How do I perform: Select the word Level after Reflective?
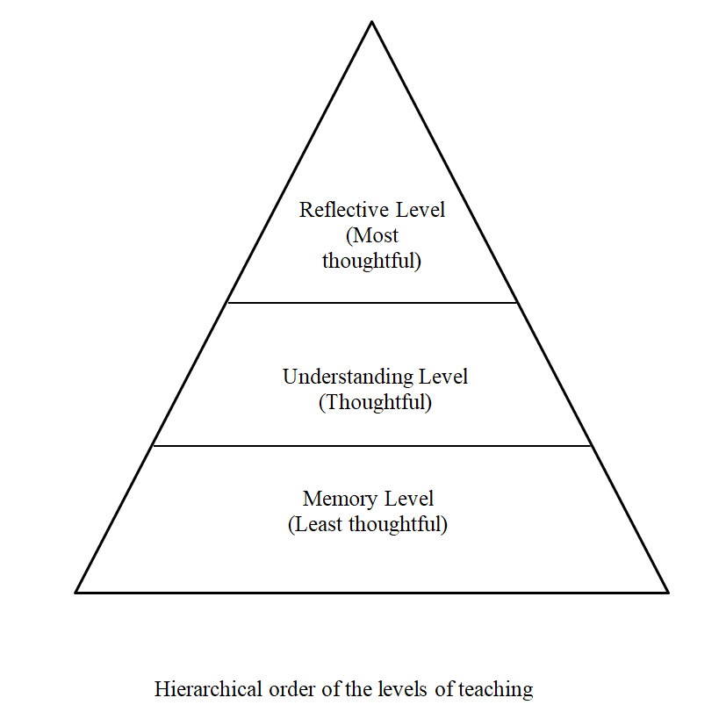[x=421, y=211]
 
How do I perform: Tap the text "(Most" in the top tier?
[x=372, y=235]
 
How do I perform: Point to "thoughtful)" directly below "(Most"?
[x=371, y=261]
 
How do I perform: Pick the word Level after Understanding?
[x=443, y=378]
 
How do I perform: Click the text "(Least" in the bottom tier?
[x=314, y=525]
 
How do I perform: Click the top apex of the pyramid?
[x=371, y=21]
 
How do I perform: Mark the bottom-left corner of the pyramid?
[x=76, y=592]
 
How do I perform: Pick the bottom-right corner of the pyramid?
[x=668, y=592]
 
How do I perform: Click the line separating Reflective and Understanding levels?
[x=372, y=303]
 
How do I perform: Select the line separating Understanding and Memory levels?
[x=372, y=446]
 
